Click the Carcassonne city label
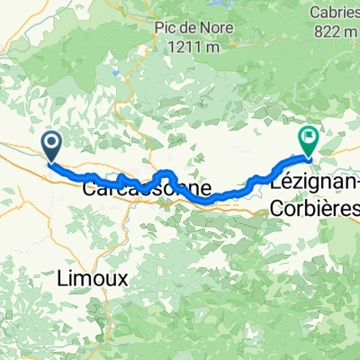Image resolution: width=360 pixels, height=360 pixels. (148, 191)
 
